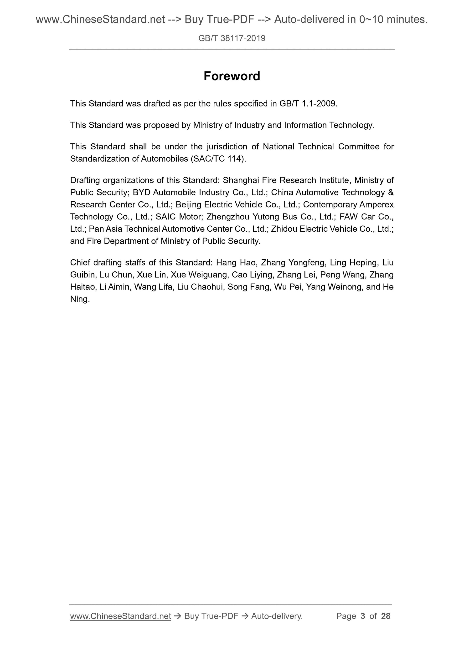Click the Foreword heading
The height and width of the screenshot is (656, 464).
point(232,76)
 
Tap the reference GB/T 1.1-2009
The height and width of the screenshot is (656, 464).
point(308,103)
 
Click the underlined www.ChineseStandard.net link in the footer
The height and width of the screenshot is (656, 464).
point(120,616)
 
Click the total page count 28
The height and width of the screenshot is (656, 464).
point(385,616)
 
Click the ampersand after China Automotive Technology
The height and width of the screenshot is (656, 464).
point(391,192)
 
